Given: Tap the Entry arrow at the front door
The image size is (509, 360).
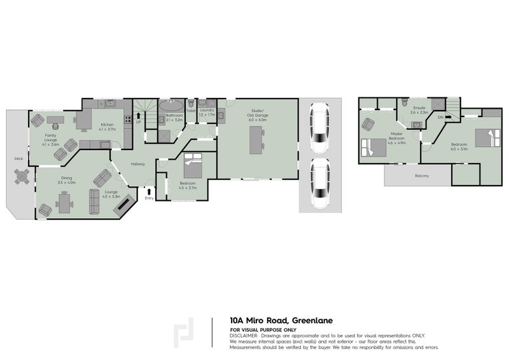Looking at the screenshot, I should (149, 190).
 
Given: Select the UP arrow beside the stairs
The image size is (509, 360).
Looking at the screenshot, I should (137, 116).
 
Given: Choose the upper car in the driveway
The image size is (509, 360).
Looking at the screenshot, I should (318, 130).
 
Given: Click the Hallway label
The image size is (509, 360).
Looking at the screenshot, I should (138, 164).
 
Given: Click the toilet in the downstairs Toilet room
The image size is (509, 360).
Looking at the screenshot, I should (190, 103).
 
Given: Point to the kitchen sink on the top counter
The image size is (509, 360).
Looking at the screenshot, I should (109, 102).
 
